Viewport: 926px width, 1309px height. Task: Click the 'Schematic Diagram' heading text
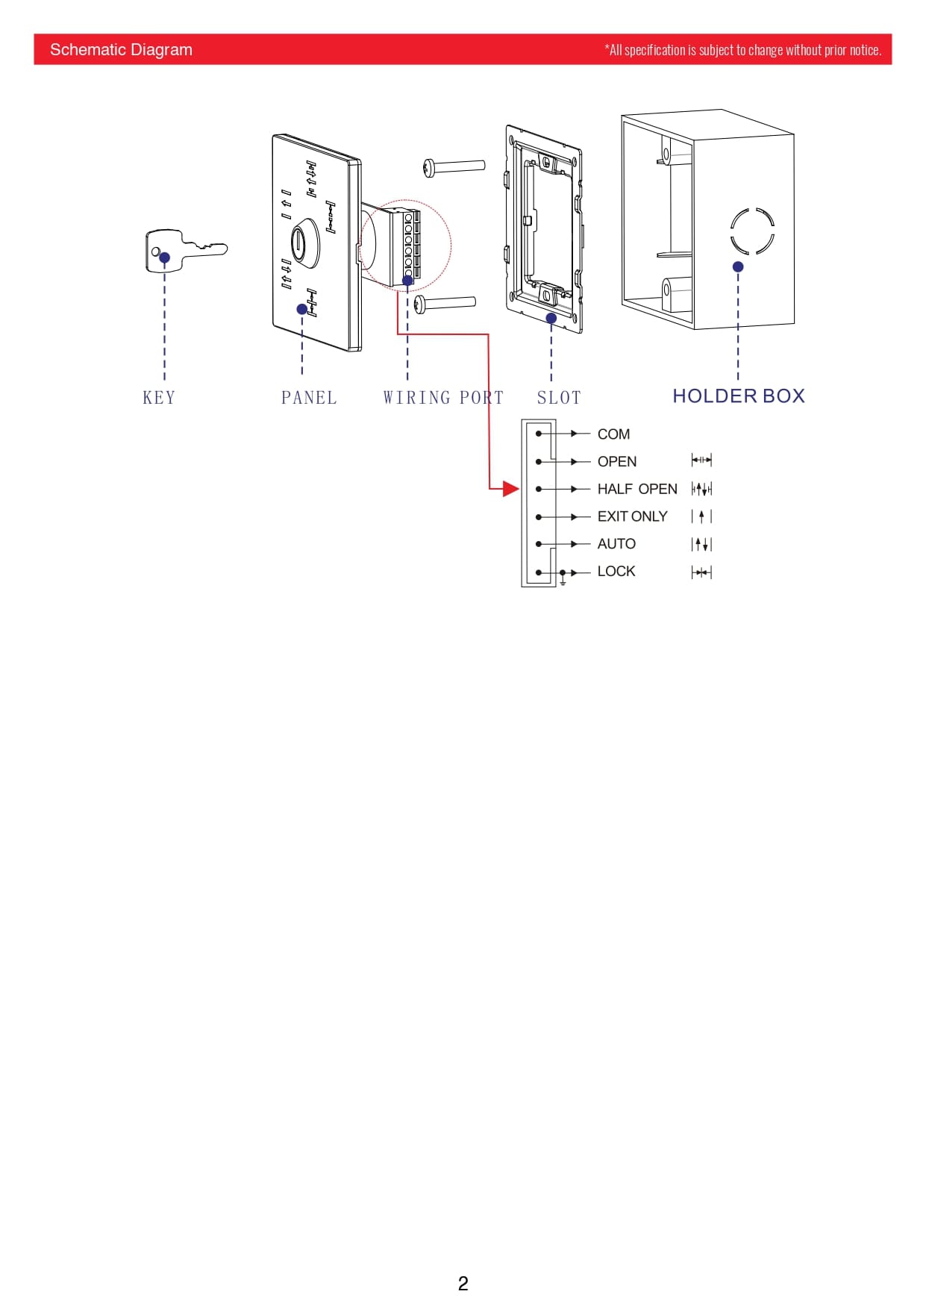pos(121,50)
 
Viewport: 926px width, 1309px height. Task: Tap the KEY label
pos(159,398)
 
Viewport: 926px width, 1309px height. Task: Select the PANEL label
pos(309,398)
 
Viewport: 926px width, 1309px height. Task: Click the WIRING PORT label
pos(443,398)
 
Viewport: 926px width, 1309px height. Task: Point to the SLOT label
pos(559,398)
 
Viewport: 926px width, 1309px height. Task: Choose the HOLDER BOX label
pos(739,396)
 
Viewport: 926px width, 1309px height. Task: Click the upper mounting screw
pos(454,166)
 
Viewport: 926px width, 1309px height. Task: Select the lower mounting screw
pos(445,303)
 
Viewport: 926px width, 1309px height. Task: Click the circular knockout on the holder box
pos(752,231)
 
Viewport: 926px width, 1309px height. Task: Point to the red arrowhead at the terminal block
pos(511,489)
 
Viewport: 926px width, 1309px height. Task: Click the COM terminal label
pos(613,434)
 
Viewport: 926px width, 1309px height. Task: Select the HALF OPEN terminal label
pos(637,489)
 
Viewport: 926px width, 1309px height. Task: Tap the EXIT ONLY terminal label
pos(632,516)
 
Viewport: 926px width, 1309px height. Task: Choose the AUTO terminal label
pos(616,544)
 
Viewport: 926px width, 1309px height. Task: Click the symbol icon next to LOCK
pos(701,572)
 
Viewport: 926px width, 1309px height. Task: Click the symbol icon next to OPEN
pos(701,460)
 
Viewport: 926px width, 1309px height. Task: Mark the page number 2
pos(463,1284)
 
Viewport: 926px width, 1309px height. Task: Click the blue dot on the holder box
pos(738,266)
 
